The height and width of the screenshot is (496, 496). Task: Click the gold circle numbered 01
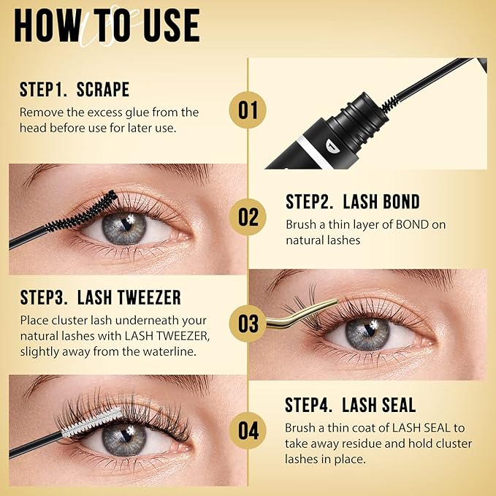[248, 110]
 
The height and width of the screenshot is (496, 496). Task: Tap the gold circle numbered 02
[248, 217]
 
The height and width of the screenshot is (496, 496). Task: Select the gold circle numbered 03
[248, 324]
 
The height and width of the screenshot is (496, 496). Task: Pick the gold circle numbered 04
[248, 430]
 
